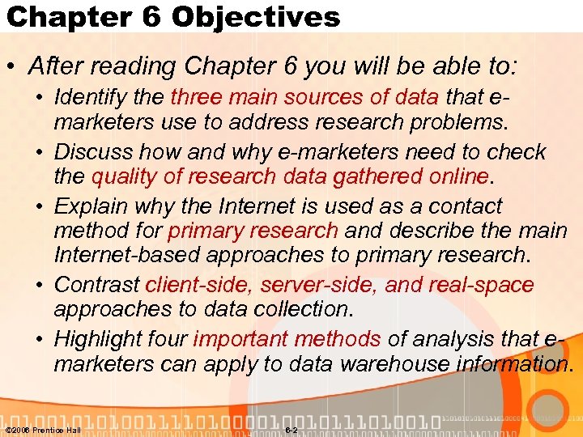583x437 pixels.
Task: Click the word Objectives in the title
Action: click(x=257, y=17)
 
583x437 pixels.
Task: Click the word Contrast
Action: click(x=96, y=285)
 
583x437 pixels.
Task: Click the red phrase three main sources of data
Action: click(x=304, y=98)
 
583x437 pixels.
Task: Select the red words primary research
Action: click(x=253, y=231)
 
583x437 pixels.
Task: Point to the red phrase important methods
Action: click(x=287, y=339)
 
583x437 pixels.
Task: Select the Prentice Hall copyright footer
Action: click(x=43, y=430)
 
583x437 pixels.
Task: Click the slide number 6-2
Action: click(x=292, y=430)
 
